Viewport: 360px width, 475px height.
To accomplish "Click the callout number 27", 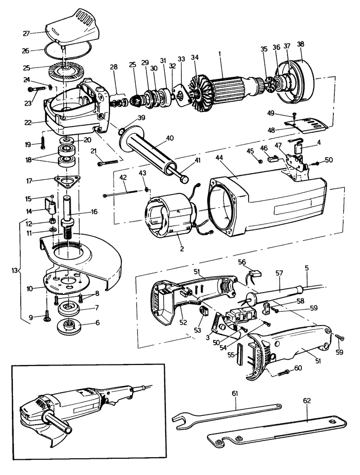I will point(26,33).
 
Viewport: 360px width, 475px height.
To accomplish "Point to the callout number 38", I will point(300,43).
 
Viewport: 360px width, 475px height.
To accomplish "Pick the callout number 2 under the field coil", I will point(181,249).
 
